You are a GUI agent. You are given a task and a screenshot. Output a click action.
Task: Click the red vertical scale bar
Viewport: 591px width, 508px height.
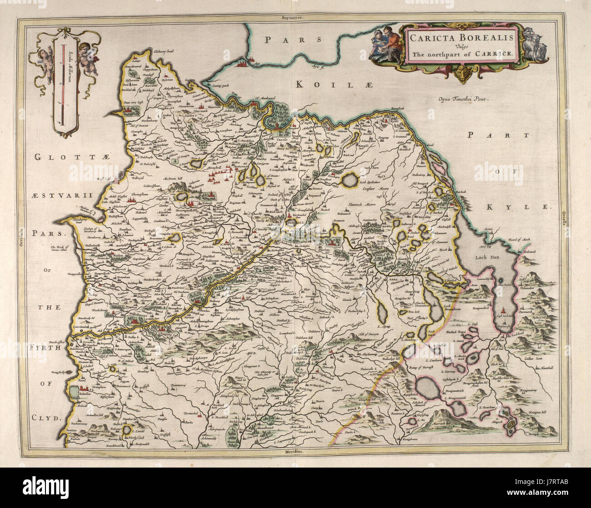point(63,84)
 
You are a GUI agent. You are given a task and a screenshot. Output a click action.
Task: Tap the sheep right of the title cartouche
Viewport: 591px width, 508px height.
point(536,45)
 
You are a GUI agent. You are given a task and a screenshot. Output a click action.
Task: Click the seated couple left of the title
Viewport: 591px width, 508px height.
point(383,45)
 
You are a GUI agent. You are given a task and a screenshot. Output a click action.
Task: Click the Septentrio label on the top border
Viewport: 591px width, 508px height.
point(291,17)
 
